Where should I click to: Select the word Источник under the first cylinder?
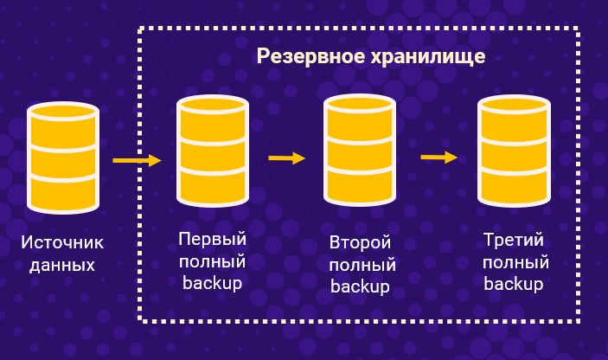tap(62, 244)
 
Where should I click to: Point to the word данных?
tap(62, 265)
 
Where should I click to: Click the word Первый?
tap(213, 239)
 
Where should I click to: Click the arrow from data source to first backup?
tap(137, 160)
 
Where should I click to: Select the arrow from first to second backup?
tap(287, 158)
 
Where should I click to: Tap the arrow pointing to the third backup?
tap(438, 157)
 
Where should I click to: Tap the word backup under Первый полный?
tap(213, 282)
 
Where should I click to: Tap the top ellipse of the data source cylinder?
tap(63, 113)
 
